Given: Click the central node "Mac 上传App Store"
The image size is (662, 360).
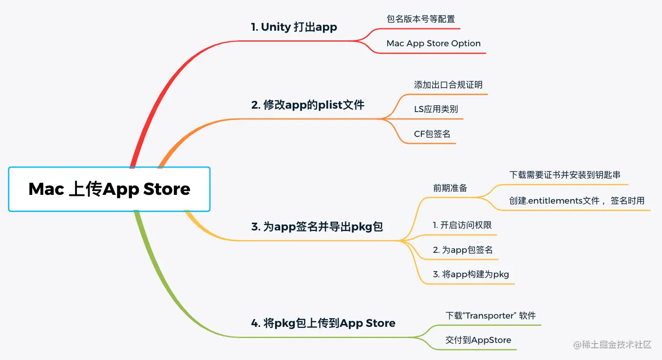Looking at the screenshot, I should [109, 189].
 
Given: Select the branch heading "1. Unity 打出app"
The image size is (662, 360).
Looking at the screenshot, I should [294, 27].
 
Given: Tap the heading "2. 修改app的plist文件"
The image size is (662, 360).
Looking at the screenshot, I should [307, 105].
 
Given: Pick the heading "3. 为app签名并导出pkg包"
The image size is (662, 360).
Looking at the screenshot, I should [317, 227].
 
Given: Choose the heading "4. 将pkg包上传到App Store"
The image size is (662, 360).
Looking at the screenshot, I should [323, 323].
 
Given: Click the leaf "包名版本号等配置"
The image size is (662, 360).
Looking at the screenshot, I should [420, 19].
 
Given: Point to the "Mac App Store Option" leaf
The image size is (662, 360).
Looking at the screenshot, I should [434, 43].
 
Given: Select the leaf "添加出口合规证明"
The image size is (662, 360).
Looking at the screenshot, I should [448, 85].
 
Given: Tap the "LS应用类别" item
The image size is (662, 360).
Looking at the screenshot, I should [435, 109].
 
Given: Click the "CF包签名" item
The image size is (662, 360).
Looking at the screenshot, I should [432, 133].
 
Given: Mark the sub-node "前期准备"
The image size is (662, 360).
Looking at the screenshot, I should [450, 188].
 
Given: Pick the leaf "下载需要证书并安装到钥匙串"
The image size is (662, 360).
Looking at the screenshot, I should [565, 175].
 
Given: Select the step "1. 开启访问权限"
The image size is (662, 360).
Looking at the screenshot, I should [462, 225].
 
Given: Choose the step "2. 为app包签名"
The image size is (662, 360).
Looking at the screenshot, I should [463, 250].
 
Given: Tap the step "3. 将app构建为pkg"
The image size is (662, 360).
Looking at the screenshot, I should [471, 274].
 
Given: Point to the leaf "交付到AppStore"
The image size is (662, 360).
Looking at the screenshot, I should [478, 340].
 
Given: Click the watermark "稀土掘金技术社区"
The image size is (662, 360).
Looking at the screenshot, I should [617, 345].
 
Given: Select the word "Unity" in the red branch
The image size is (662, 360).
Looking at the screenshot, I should [276, 27].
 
